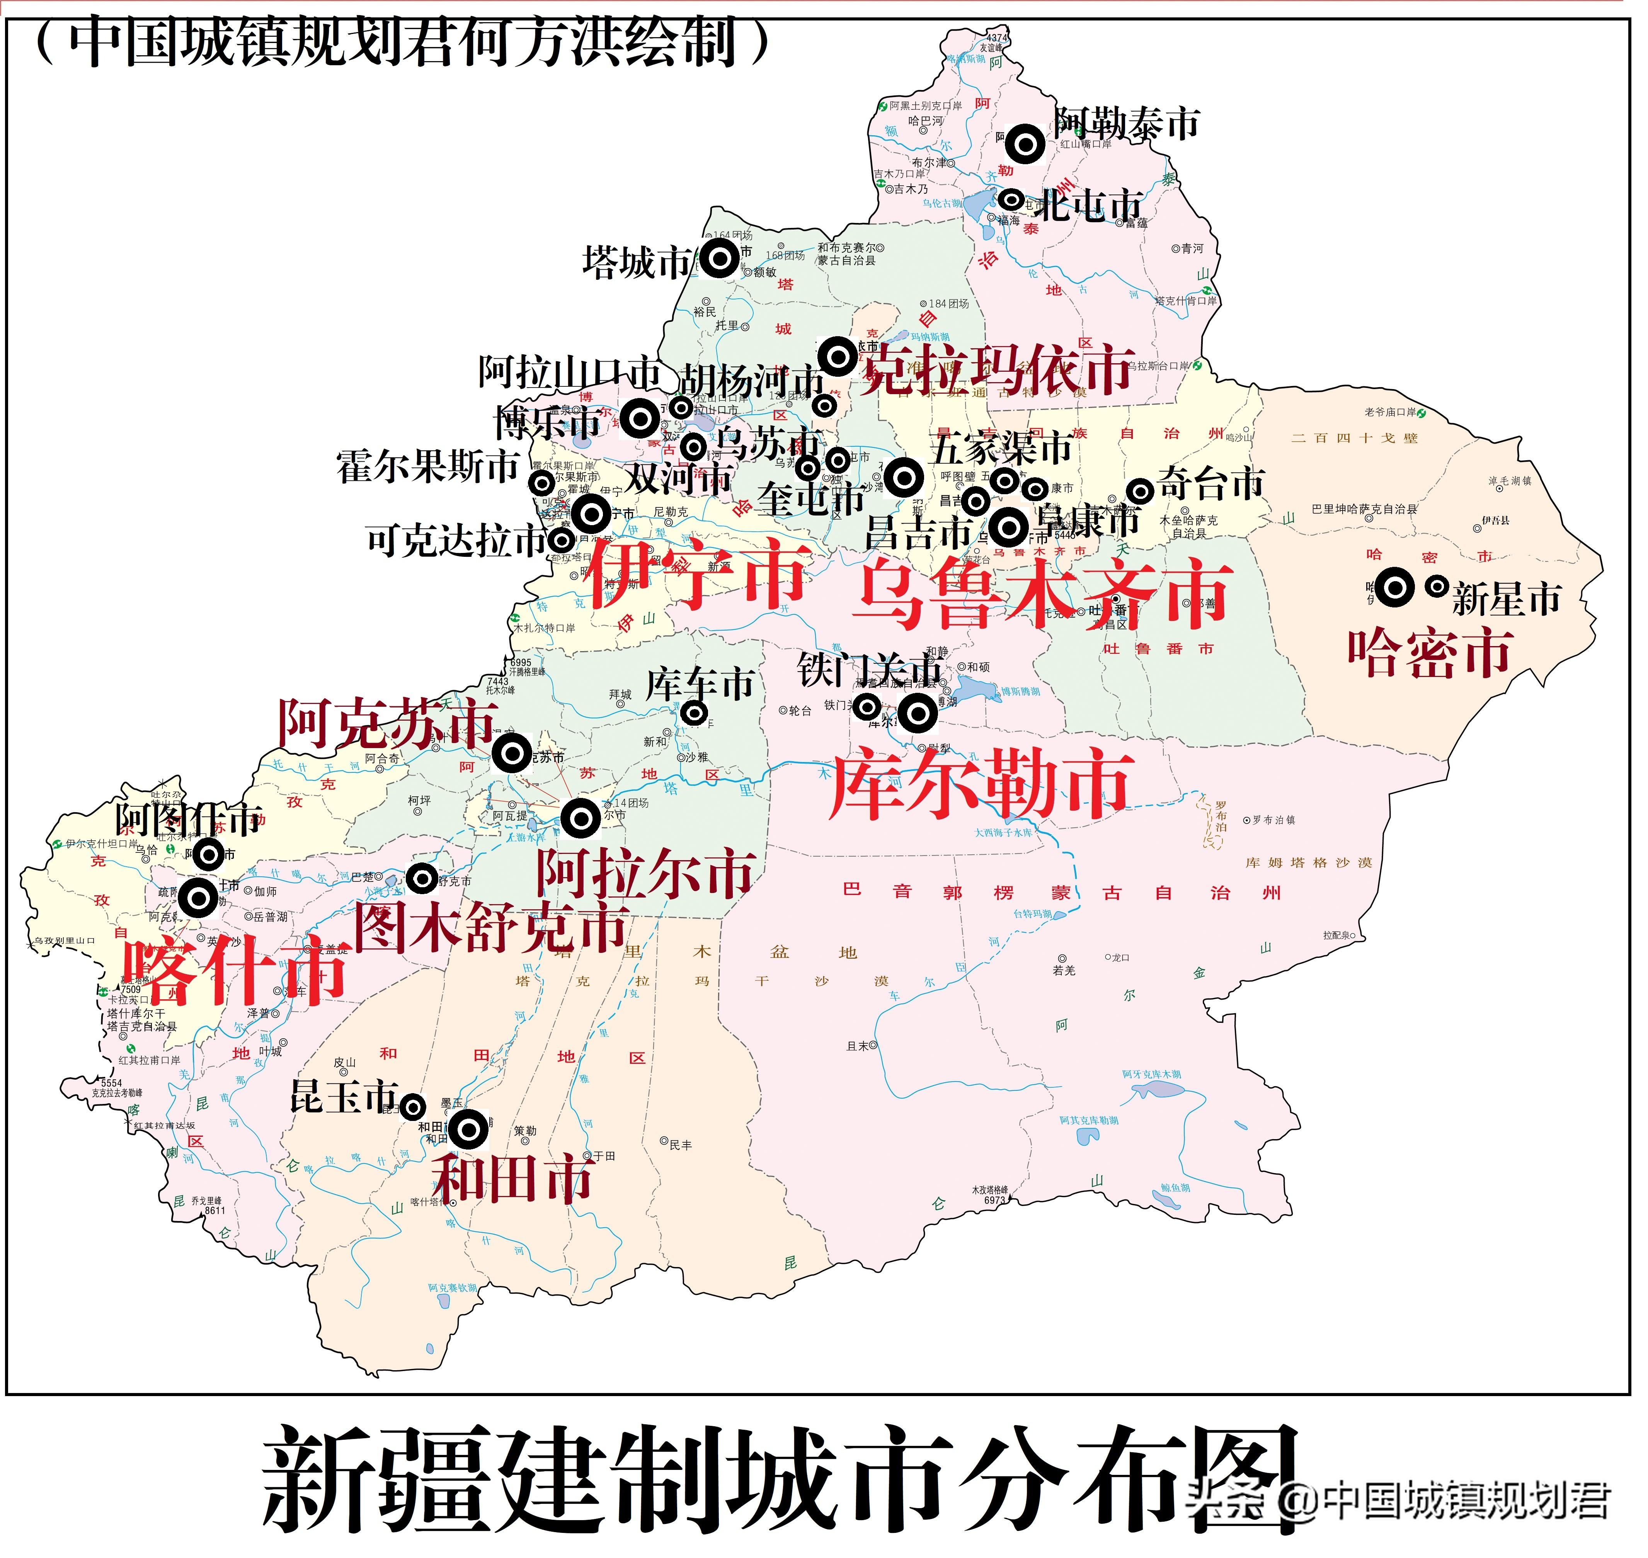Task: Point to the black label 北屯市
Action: point(1088,204)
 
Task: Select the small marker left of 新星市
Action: point(1437,586)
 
